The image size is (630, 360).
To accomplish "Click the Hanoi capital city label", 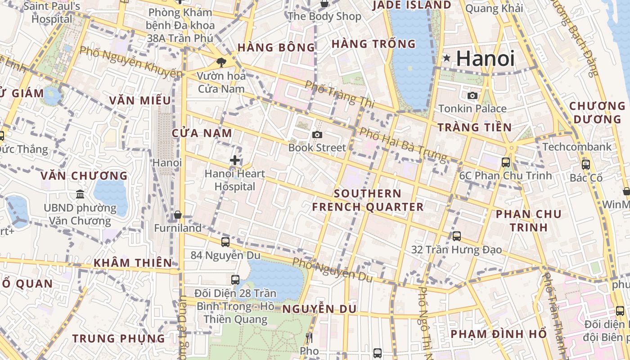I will (x=485, y=58).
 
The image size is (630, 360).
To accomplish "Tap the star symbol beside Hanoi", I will (x=447, y=58).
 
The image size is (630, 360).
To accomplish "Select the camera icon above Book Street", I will (x=317, y=135).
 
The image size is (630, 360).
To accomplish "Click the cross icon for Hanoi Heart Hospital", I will (x=234, y=160).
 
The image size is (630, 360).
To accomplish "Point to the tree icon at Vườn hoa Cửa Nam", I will (x=221, y=62).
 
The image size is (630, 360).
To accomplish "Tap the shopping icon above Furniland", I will (x=178, y=215).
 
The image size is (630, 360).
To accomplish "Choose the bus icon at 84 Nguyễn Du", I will (x=225, y=242).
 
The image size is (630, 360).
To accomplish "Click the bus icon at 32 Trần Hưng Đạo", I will (x=456, y=236).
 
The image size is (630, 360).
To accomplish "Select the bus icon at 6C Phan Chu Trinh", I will (x=506, y=162).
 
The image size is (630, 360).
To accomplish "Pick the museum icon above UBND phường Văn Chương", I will (x=80, y=194).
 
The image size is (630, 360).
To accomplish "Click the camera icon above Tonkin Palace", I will (x=472, y=95).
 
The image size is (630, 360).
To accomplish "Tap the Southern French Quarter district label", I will (x=368, y=200).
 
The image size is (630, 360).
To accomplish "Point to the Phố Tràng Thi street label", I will (x=340, y=94).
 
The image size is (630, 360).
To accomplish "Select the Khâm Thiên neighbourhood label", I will (x=133, y=263).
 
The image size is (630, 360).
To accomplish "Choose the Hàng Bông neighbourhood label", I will (x=276, y=48).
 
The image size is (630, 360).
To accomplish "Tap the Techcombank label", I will (x=577, y=147).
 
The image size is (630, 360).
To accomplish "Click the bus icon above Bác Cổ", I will (x=585, y=165).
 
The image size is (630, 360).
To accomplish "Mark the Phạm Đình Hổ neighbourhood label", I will (x=499, y=334).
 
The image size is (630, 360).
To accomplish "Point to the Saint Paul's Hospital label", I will (x=52, y=13).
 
